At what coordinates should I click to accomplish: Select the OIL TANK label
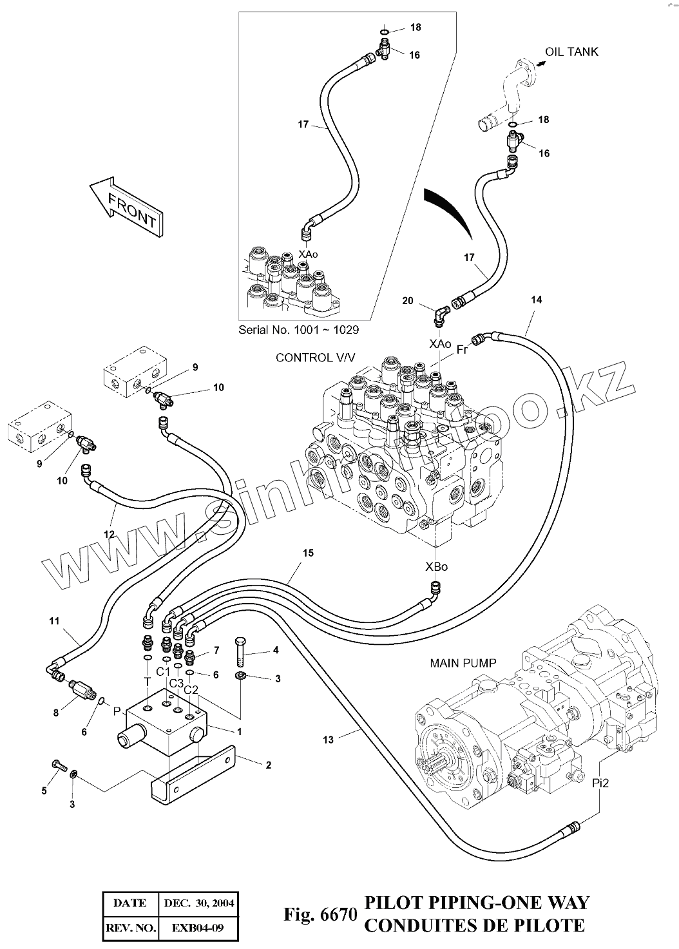[x=571, y=52]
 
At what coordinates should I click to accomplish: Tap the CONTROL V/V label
[x=315, y=358]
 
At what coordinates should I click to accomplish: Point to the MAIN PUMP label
[x=463, y=663]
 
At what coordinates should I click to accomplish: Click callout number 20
[x=407, y=301]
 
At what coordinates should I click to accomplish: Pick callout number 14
[x=537, y=300]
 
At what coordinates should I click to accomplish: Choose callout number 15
[x=308, y=553]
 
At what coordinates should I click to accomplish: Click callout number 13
[x=329, y=740]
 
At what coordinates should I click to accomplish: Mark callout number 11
[x=54, y=621]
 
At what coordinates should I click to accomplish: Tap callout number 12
[x=109, y=534]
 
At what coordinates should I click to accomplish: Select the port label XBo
[x=436, y=567]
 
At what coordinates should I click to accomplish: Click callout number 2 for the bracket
[x=268, y=765]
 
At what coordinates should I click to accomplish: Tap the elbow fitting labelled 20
[x=440, y=316]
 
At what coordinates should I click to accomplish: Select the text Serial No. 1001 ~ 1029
[x=298, y=329]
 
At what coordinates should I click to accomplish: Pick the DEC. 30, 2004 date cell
[x=198, y=903]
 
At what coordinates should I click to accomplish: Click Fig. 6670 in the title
[x=320, y=914]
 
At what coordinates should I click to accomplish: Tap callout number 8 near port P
[x=56, y=713]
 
